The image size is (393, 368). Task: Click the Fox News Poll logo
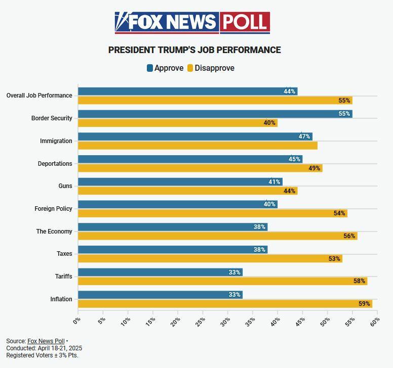click(192, 22)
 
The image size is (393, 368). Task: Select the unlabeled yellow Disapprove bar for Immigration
click(198, 146)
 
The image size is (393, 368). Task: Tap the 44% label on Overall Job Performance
click(289, 91)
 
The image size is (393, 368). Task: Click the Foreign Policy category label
click(53, 209)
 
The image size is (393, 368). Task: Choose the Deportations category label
click(55, 164)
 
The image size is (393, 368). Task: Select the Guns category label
click(65, 186)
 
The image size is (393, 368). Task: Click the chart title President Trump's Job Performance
click(194, 50)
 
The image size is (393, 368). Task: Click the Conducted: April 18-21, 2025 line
click(44, 348)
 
